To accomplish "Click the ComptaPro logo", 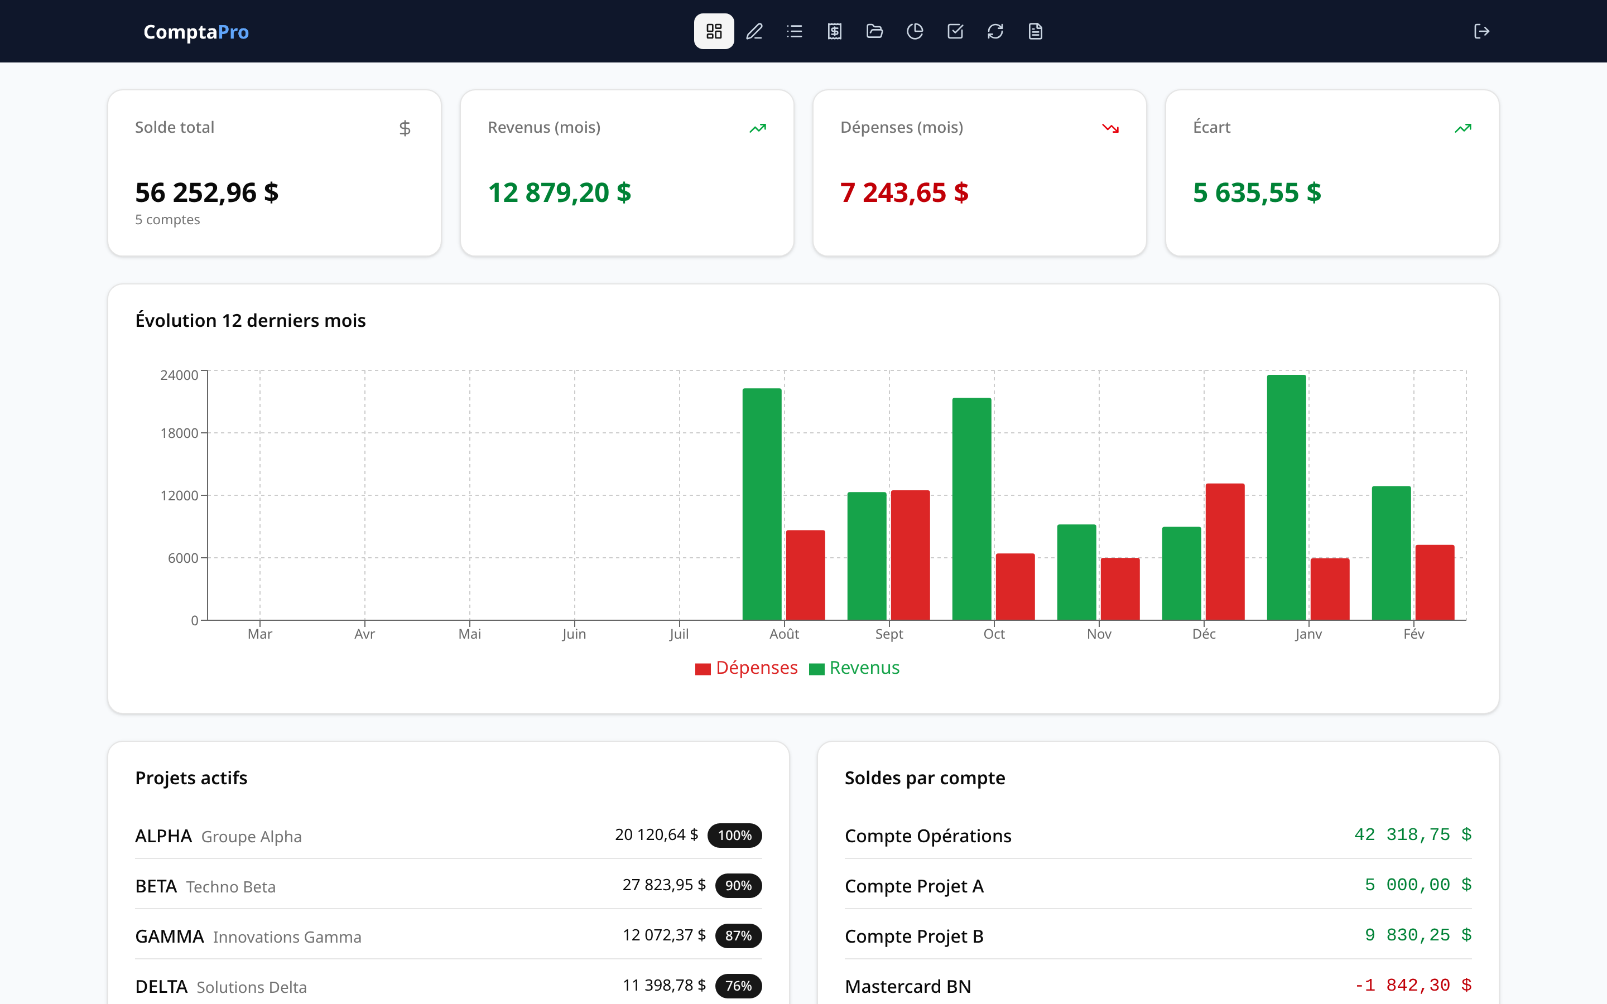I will tap(196, 31).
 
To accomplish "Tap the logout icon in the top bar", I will tap(1481, 31).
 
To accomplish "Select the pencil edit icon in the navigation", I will tap(754, 31).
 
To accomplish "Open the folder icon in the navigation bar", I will tap(874, 31).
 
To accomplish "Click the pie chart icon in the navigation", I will tap(915, 31).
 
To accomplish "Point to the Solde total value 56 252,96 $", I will tap(206, 192).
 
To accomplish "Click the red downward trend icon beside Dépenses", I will tap(1110, 128).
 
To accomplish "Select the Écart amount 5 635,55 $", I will tap(1257, 192).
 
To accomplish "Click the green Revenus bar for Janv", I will tap(1286, 498).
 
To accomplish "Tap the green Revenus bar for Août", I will tap(762, 505).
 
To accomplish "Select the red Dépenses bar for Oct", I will tap(1014, 586).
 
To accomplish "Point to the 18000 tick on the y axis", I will tap(179, 433).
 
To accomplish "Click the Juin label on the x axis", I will tap(574, 634).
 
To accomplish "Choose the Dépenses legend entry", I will tap(747, 668).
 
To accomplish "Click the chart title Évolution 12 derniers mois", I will tap(251, 320).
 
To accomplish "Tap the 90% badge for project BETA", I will tap(738, 886).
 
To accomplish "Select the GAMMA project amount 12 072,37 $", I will tap(663, 935).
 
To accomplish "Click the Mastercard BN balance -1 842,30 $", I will tap(1412, 986).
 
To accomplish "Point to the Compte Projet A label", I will tap(914, 886).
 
